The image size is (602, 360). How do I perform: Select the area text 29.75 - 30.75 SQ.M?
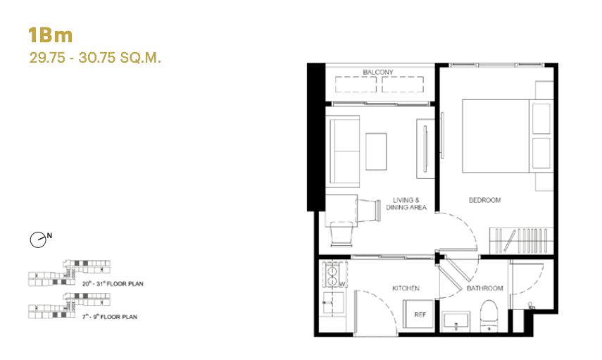click(x=96, y=58)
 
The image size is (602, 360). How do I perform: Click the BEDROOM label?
click(x=484, y=200)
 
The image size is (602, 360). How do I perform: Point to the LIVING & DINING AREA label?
click(x=410, y=204)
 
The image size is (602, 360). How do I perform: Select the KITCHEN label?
click(x=406, y=288)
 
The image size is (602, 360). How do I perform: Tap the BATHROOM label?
click(x=485, y=288)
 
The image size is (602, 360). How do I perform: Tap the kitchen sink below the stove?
click(x=331, y=304)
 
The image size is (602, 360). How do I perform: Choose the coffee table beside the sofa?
click(x=375, y=149)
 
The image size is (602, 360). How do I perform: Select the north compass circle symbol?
click(x=38, y=240)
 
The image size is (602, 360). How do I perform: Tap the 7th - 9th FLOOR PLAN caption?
click(x=109, y=317)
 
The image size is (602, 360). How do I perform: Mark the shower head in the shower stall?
click(x=531, y=306)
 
